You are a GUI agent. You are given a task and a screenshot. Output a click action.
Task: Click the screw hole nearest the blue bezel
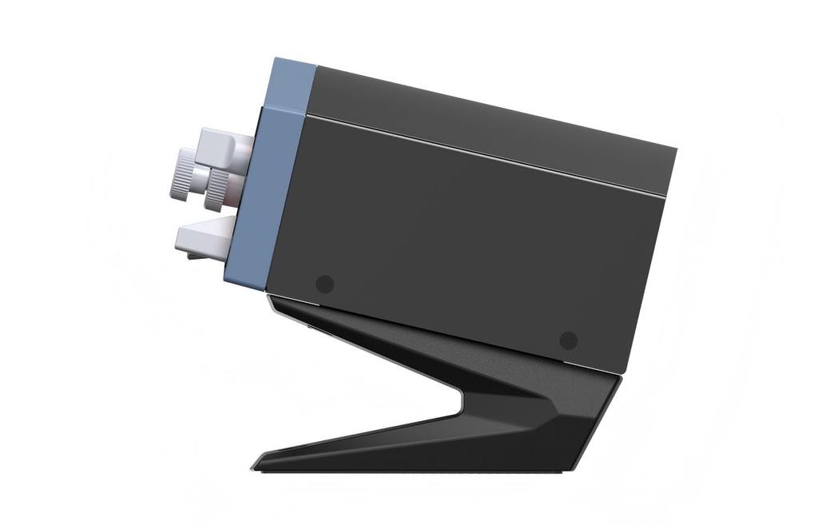pos(324,283)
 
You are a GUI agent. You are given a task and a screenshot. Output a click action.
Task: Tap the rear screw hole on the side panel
pos(568,340)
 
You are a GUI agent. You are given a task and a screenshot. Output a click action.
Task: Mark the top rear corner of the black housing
pos(676,149)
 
